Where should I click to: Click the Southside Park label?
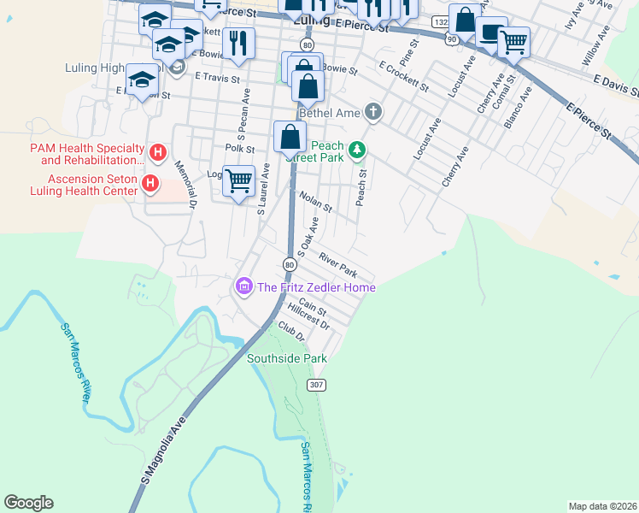[287, 358]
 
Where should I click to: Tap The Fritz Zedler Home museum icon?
[243, 286]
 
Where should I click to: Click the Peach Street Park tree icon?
[358, 150]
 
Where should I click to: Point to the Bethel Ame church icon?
[372, 111]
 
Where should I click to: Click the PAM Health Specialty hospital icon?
[157, 153]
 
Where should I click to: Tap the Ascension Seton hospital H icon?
[150, 184]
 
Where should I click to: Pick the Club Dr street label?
[290, 332]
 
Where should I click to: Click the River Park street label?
[337, 264]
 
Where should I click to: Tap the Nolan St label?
[315, 202]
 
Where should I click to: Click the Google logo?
[28, 503]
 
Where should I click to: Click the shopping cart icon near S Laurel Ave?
[239, 180]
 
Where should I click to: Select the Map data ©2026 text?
[602, 506]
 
